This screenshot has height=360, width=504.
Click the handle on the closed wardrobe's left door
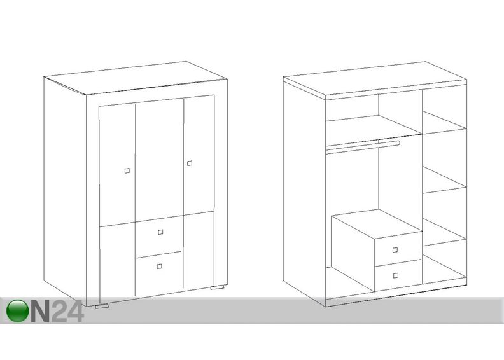(127, 170)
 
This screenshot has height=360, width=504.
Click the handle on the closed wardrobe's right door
(190, 163)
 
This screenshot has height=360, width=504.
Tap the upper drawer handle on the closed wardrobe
(160, 232)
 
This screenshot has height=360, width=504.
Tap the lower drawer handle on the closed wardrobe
(160, 266)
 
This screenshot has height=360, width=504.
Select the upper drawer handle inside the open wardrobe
(395, 250)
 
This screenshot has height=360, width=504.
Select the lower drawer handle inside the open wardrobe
(396, 275)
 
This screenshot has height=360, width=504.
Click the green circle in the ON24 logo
(17, 310)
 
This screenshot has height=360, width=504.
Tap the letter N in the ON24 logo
(41, 311)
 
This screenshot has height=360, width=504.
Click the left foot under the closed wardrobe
(102, 307)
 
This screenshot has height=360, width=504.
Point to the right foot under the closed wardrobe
(217, 287)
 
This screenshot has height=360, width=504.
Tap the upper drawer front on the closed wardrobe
(159, 235)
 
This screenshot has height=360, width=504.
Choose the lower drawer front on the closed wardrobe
(159, 273)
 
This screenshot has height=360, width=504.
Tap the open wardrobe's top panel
(375, 78)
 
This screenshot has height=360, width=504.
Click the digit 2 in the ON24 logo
(59, 311)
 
